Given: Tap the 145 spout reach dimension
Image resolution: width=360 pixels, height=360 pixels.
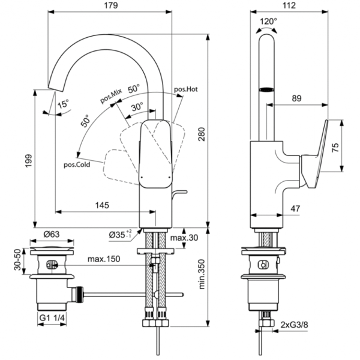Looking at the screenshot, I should point(102,206).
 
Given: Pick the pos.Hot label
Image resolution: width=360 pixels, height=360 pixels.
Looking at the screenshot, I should point(186,89).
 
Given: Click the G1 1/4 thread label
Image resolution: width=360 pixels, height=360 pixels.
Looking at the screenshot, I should point(53,319).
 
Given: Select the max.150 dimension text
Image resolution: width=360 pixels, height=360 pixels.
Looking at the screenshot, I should point(104,259).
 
